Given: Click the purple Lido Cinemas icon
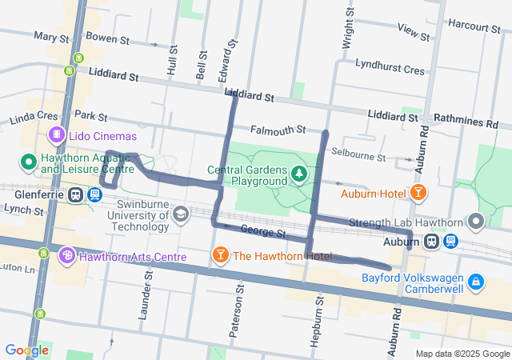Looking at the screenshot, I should point(56,134).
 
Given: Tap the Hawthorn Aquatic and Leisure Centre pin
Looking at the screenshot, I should point(29,162).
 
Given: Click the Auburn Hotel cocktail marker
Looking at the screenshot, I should point(417,193).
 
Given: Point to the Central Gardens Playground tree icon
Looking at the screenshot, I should point(298,174).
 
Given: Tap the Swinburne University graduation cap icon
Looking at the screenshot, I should point(182,214).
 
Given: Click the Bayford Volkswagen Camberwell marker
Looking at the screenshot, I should point(476,282).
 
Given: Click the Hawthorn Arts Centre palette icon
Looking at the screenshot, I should point(66,256).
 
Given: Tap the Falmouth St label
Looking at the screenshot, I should point(278,130).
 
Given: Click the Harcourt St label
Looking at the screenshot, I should point(474,26).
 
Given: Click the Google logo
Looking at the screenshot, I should point(26,350).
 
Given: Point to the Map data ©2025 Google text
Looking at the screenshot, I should point(462,354).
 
